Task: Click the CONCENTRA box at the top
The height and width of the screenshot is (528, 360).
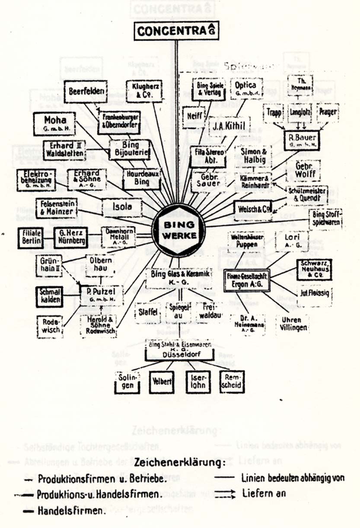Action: (x=176, y=31)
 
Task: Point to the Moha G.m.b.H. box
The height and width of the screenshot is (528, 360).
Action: (x=54, y=124)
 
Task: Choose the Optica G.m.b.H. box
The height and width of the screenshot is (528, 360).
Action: (x=246, y=89)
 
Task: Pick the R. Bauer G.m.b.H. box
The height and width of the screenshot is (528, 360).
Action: (x=302, y=140)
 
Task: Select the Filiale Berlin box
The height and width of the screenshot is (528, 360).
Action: (x=30, y=237)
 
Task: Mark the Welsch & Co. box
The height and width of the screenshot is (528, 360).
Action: (x=253, y=209)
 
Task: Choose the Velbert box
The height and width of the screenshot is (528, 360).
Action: (x=161, y=382)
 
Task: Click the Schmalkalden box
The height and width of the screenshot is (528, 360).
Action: (x=49, y=296)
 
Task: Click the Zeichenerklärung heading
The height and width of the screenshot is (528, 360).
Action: (x=180, y=463)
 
